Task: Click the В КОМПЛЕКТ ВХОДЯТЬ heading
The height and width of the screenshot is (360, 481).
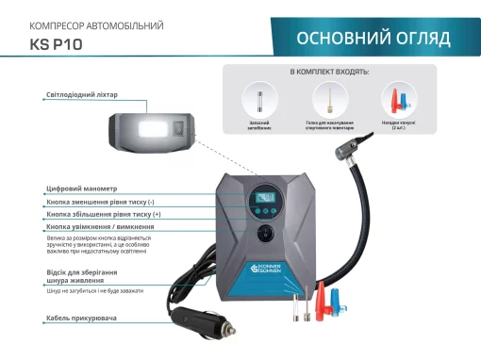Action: (x=329, y=72)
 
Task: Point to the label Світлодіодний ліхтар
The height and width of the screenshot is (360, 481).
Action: (x=82, y=94)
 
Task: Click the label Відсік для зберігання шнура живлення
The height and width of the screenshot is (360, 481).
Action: (x=82, y=276)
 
